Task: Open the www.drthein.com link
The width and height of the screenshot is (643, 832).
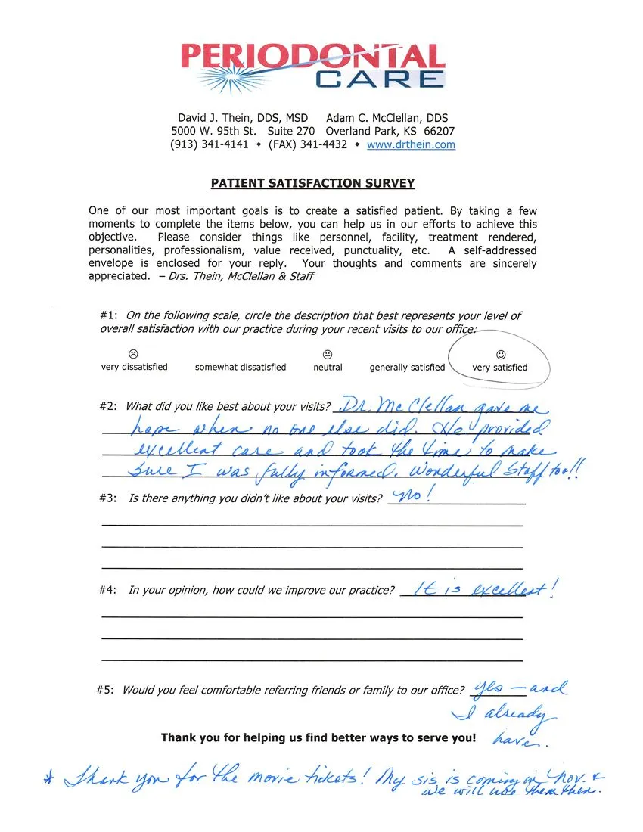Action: click(x=411, y=144)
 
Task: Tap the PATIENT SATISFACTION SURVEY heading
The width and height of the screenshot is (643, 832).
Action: click(x=312, y=184)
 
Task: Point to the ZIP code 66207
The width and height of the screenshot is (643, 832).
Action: click(x=439, y=131)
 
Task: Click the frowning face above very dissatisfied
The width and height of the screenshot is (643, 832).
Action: click(x=133, y=354)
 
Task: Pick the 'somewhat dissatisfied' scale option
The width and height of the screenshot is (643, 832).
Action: click(x=241, y=368)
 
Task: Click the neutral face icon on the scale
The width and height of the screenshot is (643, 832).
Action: click(x=328, y=354)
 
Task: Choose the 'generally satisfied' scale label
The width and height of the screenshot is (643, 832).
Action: click(x=407, y=368)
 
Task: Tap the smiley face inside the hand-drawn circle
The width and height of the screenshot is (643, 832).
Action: click(x=500, y=354)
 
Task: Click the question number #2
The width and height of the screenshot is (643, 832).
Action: click(x=108, y=406)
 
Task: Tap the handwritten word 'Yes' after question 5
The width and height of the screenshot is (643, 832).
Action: click(x=485, y=689)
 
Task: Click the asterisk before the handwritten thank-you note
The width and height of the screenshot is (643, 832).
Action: click(x=47, y=779)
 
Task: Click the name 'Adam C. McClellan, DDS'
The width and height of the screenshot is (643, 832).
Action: click(x=387, y=118)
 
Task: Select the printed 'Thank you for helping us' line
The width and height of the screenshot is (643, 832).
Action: click(x=318, y=737)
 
